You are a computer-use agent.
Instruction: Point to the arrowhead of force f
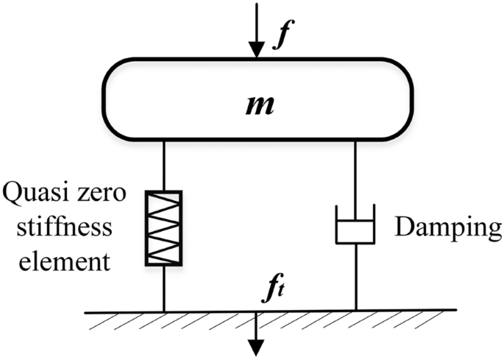click(x=256, y=52)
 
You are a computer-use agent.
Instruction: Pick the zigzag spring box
click(x=163, y=227)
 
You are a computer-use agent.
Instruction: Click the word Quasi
click(x=36, y=196)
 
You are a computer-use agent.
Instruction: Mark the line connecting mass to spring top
click(x=163, y=166)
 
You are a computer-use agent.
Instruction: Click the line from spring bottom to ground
click(x=163, y=287)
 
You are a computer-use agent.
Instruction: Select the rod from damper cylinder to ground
click(x=355, y=277)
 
